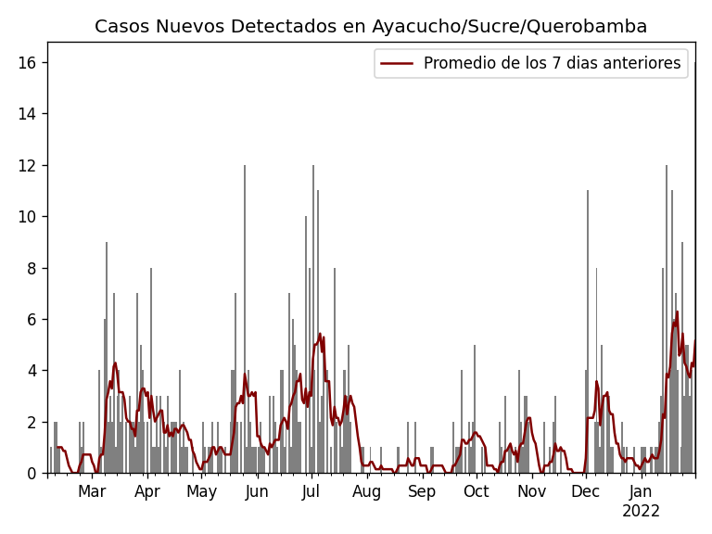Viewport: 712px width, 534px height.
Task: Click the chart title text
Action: [x=371, y=27]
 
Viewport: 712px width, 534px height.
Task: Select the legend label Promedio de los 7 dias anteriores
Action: [x=552, y=64]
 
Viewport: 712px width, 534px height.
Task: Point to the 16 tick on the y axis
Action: [x=31, y=63]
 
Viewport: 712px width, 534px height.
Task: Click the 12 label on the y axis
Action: [x=31, y=166]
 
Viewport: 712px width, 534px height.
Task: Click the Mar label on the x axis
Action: [x=92, y=492]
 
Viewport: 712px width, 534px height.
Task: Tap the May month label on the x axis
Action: [x=201, y=492]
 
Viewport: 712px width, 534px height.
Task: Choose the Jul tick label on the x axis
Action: [x=311, y=492]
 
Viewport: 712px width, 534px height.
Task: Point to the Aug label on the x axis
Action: [x=366, y=492]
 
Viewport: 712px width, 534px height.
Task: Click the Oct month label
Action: [x=477, y=492]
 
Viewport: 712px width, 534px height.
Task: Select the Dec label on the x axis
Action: [x=585, y=492]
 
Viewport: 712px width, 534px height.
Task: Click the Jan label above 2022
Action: [x=641, y=492]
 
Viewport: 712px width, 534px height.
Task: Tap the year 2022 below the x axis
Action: [x=641, y=512]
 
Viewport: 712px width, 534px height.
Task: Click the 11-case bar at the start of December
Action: [x=587, y=334]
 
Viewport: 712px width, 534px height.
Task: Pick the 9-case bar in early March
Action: [x=107, y=362]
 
